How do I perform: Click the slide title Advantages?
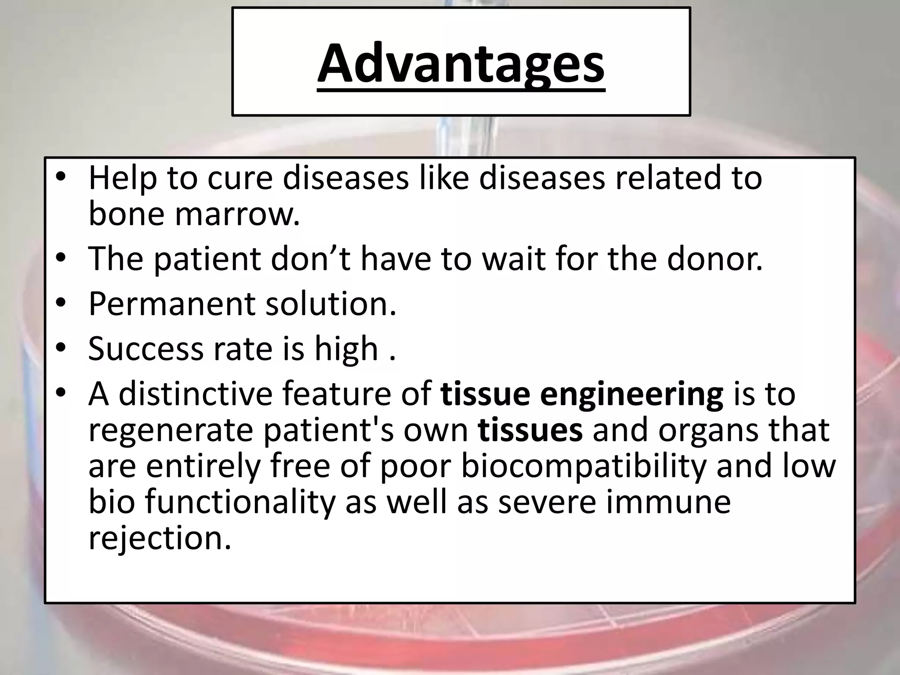(461, 62)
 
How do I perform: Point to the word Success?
(145, 349)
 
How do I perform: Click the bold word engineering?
(631, 394)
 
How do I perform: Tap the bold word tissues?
(530, 430)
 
